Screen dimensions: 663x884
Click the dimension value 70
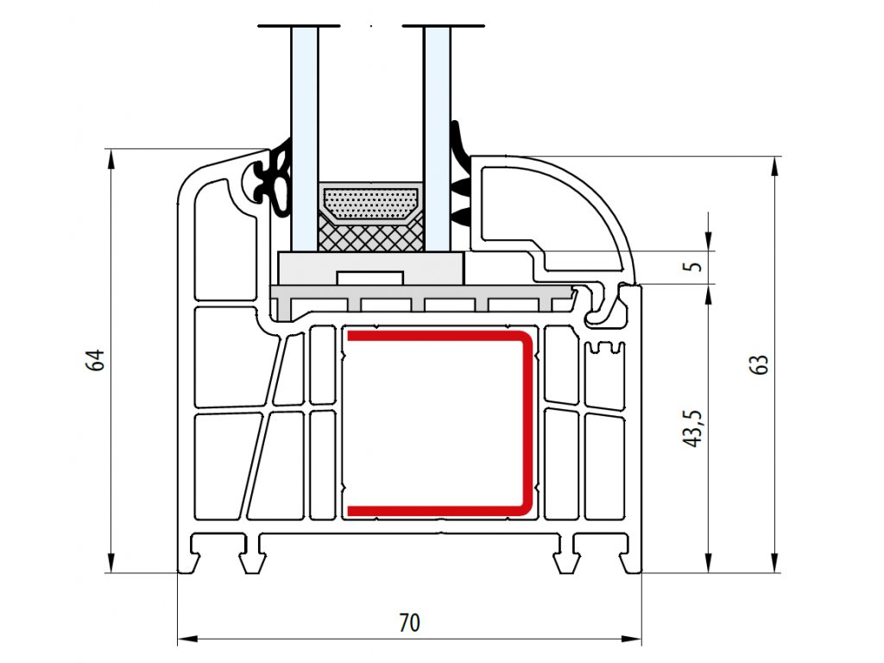point(410,622)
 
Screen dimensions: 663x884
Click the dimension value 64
point(97,360)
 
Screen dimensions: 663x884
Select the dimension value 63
point(760,364)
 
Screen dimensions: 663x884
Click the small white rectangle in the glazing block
point(370,277)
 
